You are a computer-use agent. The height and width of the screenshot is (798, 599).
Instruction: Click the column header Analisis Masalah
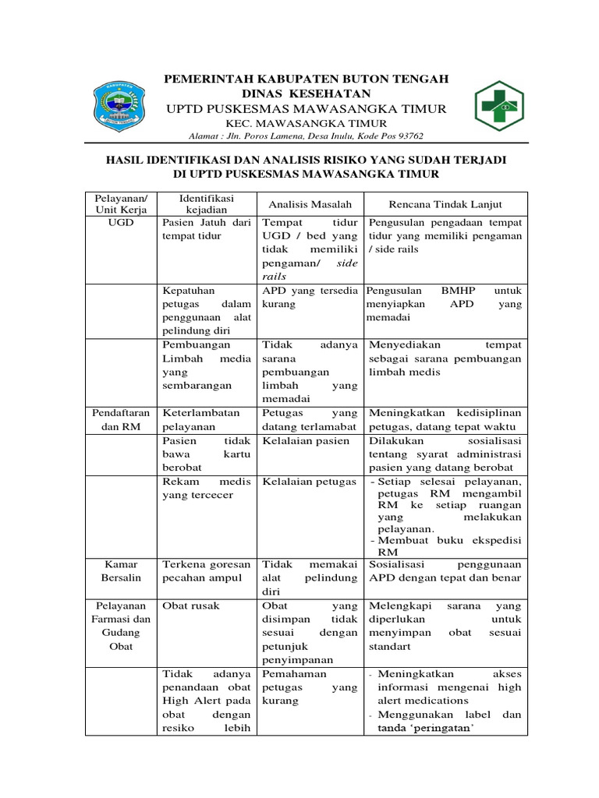tap(310, 204)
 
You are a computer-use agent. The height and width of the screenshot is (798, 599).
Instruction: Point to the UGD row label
tap(119, 221)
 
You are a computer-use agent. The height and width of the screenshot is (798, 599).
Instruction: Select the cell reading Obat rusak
tap(191, 606)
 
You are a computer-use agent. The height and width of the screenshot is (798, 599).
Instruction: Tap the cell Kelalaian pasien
tap(306, 440)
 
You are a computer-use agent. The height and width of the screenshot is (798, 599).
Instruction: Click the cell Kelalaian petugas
tap(309, 482)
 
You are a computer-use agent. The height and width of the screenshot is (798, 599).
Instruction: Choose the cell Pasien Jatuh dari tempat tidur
tap(206, 228)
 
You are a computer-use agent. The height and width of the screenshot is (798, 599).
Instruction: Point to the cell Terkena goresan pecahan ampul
tap(206, 570)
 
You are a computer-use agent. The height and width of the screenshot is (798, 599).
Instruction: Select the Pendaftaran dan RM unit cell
tap(119, 419)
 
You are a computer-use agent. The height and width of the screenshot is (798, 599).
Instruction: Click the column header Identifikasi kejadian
tap(206, 204)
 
